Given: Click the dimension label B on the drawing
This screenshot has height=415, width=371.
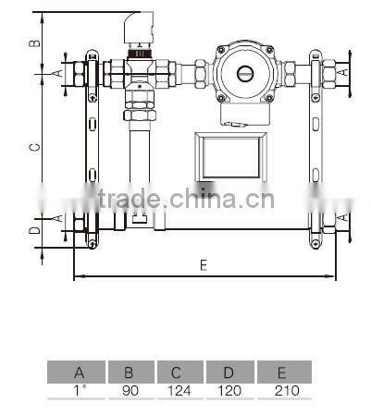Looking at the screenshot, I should (x=33, y=42).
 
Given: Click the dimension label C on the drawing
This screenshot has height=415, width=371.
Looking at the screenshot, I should (x=33, y=147).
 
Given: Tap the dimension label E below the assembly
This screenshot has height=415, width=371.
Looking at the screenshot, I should (x=203, y=265).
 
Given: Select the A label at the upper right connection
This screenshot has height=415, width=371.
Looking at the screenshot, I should (x=344, y=69).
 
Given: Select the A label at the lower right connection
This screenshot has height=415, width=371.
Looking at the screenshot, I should (x=344, y=217).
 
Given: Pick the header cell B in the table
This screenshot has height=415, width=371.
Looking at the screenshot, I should (x=130, y=373).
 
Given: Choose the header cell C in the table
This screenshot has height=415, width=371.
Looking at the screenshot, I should (x=180, y=373).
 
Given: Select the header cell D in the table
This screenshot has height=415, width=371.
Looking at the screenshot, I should (x=230, y=373).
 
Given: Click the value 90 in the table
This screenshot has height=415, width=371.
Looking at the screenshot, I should (x=130, y=391).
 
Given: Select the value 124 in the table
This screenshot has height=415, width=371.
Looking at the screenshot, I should (x=180, y=391).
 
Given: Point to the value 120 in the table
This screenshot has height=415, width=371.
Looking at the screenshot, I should (x=230, y=391).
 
